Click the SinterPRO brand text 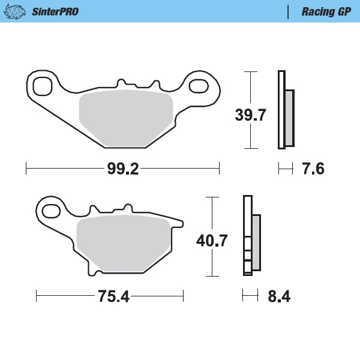pos(55,12)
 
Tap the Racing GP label pos(326,12)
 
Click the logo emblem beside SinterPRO pos(14,12)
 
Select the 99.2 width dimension pos(123,169)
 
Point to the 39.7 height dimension pos(250,115)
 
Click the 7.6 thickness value pos(313,169)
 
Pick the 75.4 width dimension pos(113,296)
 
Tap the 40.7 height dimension pos(212,241)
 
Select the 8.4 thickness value pos(279,296)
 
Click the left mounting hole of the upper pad pos(43,86)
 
